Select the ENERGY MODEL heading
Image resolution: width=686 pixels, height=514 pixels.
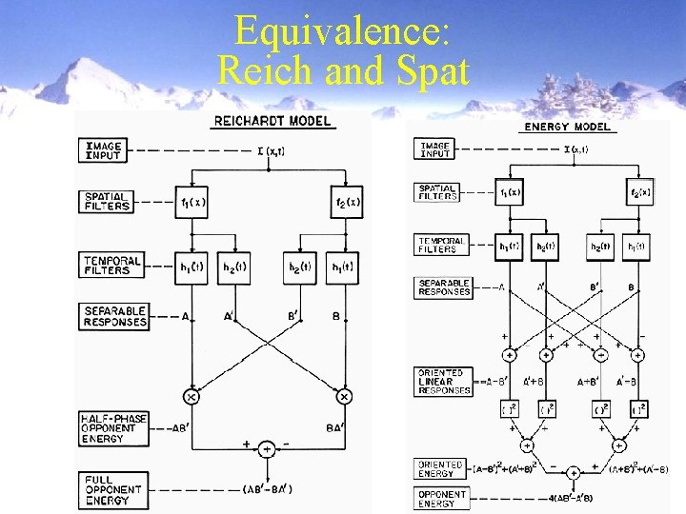567,127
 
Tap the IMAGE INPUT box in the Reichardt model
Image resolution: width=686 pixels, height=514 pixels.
104,150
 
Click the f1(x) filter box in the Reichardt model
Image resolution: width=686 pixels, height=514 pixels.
192,202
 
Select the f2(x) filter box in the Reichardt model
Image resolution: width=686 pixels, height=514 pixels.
345,202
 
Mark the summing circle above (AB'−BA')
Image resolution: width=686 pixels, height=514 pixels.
268,447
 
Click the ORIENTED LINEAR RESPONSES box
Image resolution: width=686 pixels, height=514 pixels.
444,381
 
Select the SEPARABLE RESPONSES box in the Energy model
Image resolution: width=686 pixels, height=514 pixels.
444,287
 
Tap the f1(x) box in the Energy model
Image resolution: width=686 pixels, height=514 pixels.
511,193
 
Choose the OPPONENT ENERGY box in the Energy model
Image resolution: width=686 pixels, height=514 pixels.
442,498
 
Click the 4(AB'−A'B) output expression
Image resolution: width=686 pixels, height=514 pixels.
574,498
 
